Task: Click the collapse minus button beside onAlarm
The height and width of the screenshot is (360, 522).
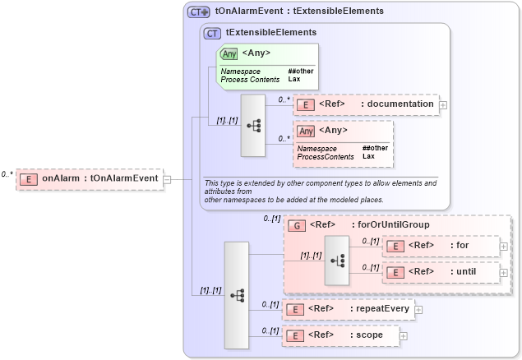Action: [x=167, y=178]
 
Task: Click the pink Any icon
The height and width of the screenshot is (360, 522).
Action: [x=307, y=131]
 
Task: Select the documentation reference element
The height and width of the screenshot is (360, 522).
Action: [x=366, y=104]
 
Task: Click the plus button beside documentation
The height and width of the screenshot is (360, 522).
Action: [x=443, y=104]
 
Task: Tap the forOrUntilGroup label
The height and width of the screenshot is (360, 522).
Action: [x=390, y=224]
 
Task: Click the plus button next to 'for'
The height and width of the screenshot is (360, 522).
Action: [x=503, y=246]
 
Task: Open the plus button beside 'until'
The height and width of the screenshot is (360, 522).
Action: [x=503, y=271]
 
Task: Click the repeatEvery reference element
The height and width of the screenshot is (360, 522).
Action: [x=348, y=309]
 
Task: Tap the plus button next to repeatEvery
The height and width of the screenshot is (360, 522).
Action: [x=418, y=309]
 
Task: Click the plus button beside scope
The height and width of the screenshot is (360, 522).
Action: [x=403, y=335]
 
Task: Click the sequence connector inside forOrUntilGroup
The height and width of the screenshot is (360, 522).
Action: [x=336, y=259]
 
